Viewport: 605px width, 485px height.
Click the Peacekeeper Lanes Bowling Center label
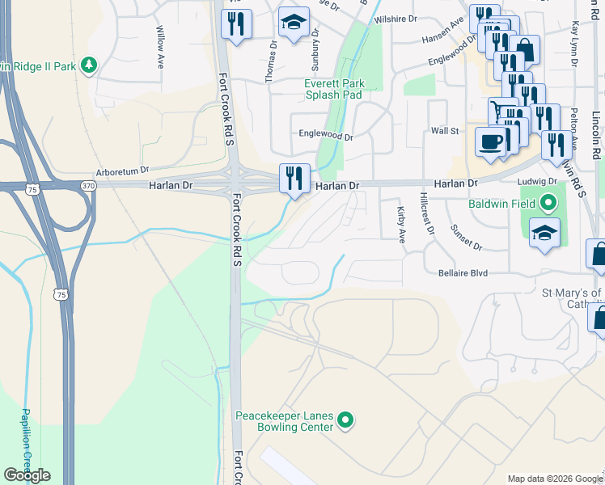[284, 421]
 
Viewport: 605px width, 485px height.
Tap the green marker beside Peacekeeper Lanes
[345, 420]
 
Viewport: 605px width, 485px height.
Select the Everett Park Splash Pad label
[333, 89]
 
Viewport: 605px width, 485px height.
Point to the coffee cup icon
[491, 142]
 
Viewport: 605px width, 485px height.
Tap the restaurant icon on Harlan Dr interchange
[294, 178]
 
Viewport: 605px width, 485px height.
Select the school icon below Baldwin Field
[545, 234]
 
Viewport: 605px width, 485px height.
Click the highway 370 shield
[87, 185]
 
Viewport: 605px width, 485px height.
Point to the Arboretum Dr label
[123, 171]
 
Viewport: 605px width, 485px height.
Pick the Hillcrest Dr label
[426, 213]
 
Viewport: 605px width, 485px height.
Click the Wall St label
[445, 130]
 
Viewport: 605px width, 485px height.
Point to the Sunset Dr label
[467, 236]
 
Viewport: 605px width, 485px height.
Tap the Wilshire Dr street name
[396, 18]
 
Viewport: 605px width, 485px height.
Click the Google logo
[27, 475]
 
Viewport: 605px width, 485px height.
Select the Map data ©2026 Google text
[555, 479]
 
